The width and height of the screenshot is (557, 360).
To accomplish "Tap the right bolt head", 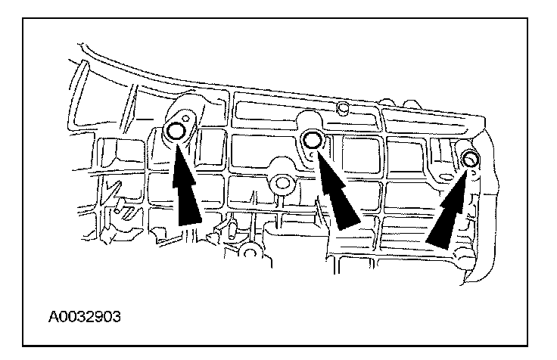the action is [x=469, y=159].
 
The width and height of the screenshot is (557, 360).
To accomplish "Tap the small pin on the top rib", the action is [x=342, y=110].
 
